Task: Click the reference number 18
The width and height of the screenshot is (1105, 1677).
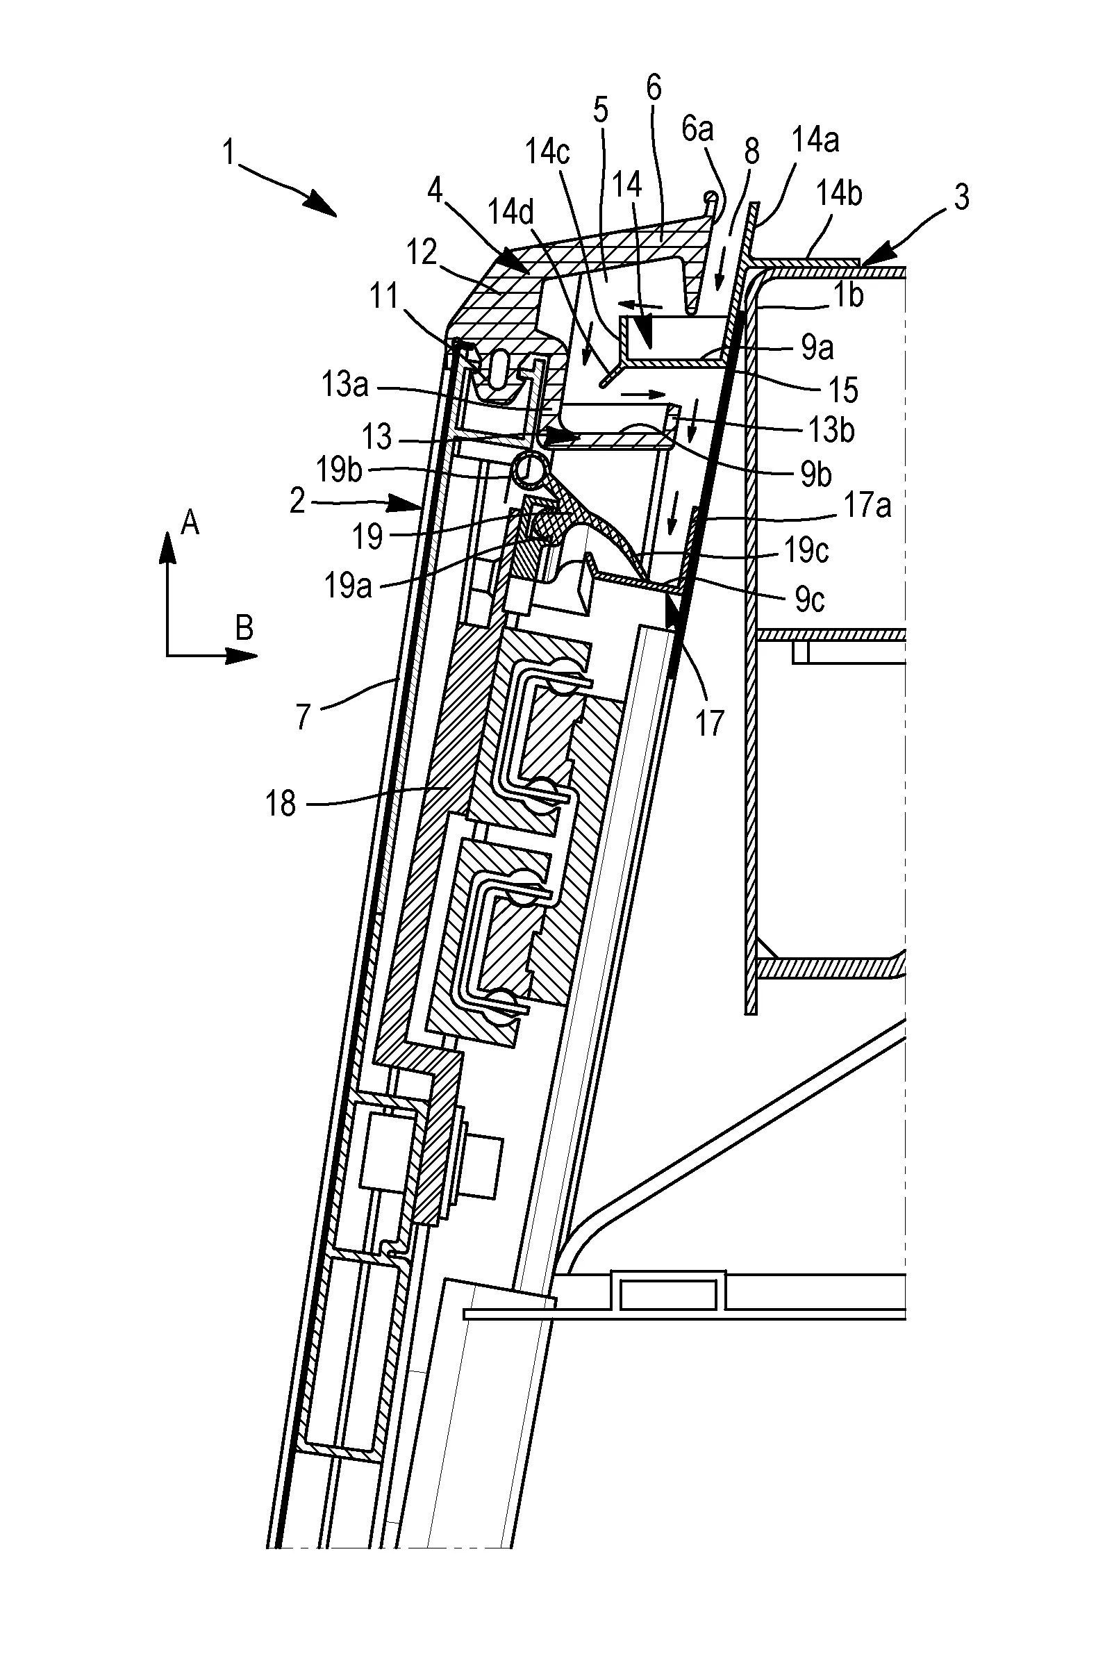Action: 281,804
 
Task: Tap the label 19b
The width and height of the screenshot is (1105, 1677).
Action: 339,470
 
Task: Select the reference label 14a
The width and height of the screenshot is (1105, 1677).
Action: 815,140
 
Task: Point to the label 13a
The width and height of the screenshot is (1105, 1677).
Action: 344,385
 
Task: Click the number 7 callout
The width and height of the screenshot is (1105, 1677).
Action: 303,716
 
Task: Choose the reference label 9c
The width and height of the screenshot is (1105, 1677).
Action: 810,600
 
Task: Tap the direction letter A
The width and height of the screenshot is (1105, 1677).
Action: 190,524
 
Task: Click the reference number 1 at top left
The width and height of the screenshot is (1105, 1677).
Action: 229,152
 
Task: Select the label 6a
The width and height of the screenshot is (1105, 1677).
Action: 698,129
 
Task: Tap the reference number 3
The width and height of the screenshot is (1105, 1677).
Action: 961,197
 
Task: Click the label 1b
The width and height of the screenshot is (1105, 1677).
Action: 849,295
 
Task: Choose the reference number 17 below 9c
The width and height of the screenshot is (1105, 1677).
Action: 710,723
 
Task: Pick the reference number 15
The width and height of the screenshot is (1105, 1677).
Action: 843,390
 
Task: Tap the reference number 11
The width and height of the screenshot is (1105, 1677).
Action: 385,296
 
